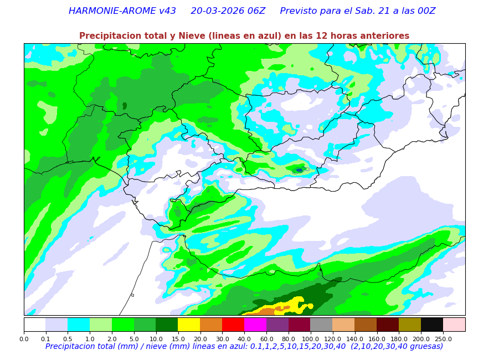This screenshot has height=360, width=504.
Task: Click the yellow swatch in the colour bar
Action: [x=189, y=325]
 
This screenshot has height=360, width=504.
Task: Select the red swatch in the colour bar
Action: [x=233, y=325]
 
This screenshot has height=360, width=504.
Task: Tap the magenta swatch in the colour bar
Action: [x=255, y=325]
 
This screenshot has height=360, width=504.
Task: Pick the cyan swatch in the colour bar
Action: [x=79, y=325]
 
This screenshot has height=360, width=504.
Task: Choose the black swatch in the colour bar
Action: [x=432, y=325]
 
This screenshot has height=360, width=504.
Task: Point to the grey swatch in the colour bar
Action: [x=321, y=325]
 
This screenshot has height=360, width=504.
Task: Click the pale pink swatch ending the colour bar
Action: [x=454, y=325]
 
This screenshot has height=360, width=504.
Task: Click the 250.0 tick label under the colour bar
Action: [x=443, y=338]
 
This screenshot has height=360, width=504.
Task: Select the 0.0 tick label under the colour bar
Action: [x=24, y=338]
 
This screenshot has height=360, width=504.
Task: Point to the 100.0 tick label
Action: [x=310, y=338]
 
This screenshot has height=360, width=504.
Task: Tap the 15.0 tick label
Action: [x=178, y=338]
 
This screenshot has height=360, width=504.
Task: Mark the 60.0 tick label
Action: [x=266, y=338]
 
